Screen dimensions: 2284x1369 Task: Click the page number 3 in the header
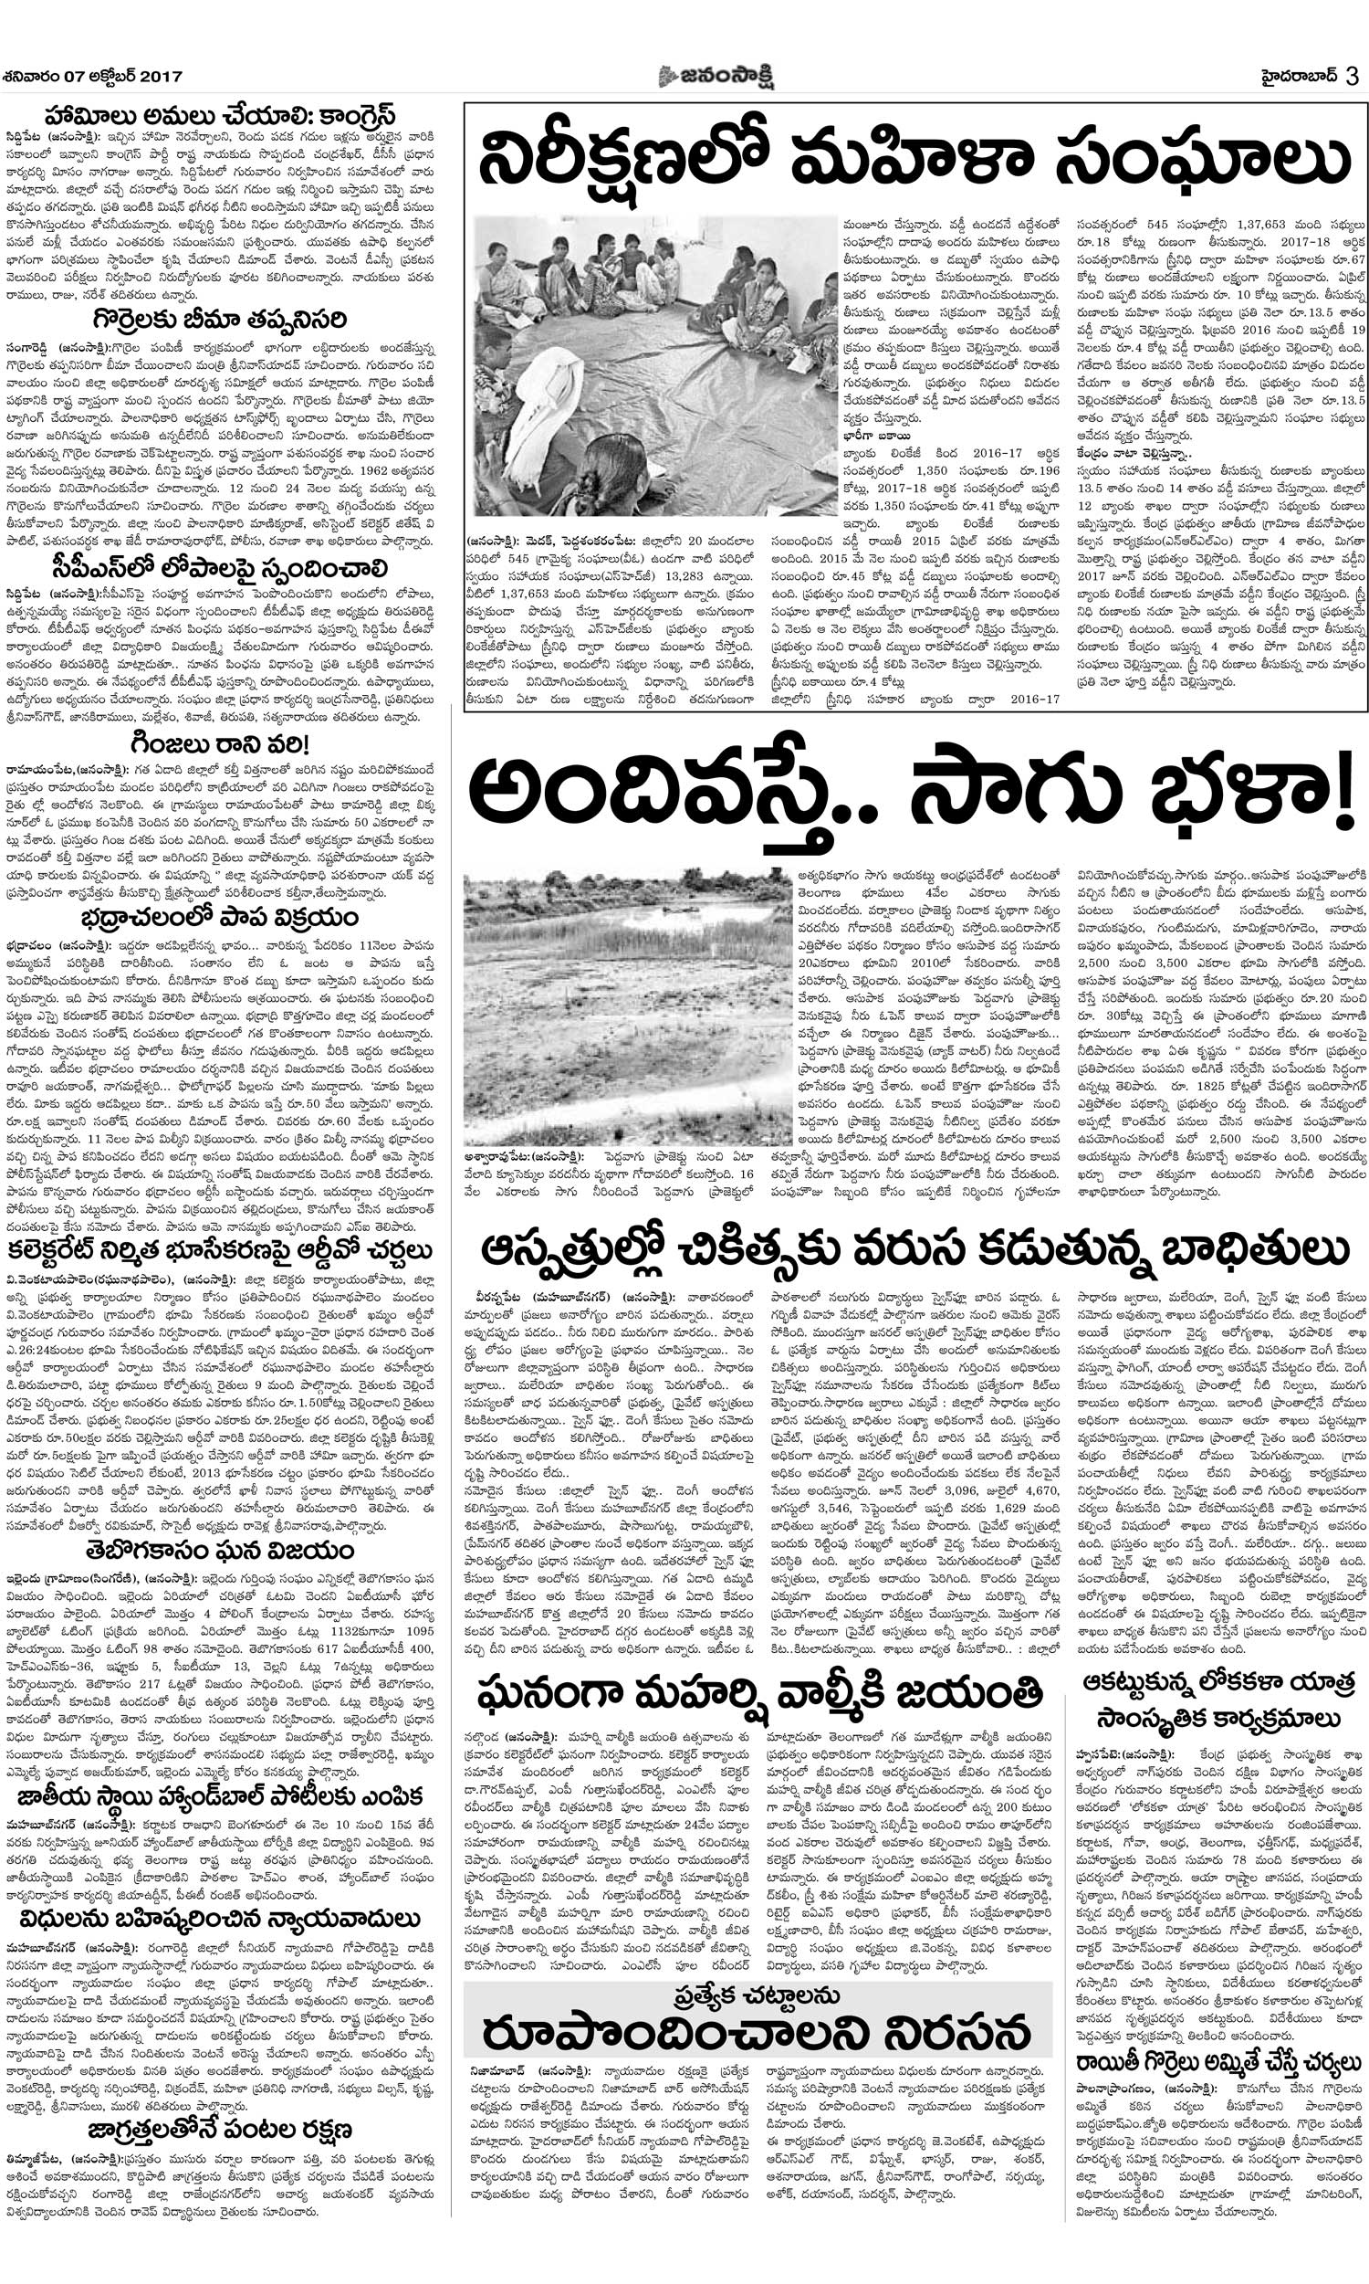(x=1353, y=76)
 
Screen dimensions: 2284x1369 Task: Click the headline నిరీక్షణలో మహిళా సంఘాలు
(x=914, y=158)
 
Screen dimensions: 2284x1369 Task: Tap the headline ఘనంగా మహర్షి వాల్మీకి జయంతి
(x=760, y=1692)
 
